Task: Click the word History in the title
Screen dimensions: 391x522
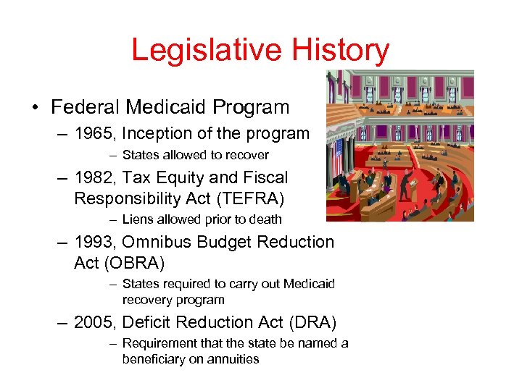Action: pyautogui.click(x=341, y=51)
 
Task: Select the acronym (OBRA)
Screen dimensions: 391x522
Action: pyautogui.click(x=138, y=262)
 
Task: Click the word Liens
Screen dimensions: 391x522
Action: pyautogui.click(x=138, y=219)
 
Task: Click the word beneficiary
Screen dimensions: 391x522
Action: pyautogui.click(x=153, y=359)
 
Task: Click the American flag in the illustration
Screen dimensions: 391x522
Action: pyautogui.click(x=336, y=159)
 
